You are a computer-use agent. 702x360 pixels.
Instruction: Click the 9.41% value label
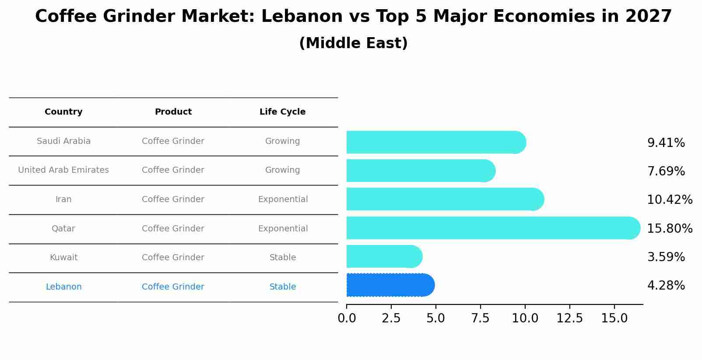666,143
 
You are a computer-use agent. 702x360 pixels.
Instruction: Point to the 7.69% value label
666,171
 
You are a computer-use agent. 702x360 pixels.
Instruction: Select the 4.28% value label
666,286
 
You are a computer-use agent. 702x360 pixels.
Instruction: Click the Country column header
63,112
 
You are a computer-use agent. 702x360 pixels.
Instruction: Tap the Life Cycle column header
282,112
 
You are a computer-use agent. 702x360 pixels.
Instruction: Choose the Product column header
173,112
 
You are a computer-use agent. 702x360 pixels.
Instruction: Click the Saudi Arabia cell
63,141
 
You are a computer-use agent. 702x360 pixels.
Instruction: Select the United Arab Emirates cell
63,170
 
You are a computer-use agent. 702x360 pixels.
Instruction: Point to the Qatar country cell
63,229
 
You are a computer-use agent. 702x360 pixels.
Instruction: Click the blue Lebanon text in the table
63,287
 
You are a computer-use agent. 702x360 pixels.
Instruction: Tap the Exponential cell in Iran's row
283,199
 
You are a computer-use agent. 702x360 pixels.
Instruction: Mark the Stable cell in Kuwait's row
283,258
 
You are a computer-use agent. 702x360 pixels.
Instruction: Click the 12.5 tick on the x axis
569,318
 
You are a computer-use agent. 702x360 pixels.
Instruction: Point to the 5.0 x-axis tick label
435,318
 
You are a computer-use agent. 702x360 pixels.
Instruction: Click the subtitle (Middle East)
353,43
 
